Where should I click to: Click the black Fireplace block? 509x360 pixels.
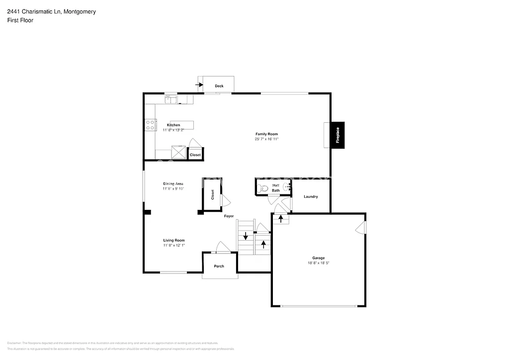click(338, 135)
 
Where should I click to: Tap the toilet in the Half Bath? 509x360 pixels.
click(263, 188)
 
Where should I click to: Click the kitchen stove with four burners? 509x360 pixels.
click(149, 125)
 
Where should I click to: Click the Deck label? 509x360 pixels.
click(219, 86)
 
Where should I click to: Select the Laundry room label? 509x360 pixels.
click(311, 196)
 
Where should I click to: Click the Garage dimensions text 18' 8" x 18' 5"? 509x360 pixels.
click(318, 263)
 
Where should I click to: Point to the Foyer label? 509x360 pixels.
click(229, 216)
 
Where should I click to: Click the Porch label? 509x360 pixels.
click(219, 266)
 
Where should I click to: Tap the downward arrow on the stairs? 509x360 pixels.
click(245, 236)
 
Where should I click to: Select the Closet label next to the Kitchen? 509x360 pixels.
click(195, 155)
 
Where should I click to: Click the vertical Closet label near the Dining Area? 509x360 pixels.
click(212, 194)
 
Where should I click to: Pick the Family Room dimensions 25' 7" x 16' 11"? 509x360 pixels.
click(266, 139)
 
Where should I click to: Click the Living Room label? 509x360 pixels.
click(173, 240)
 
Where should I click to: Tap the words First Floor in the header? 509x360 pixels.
click(20, 20)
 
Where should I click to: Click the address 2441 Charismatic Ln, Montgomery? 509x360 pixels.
click(51, 11)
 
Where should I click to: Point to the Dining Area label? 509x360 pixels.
click(173, 184)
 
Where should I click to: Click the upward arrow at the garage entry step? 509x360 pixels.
click(280, 218)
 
